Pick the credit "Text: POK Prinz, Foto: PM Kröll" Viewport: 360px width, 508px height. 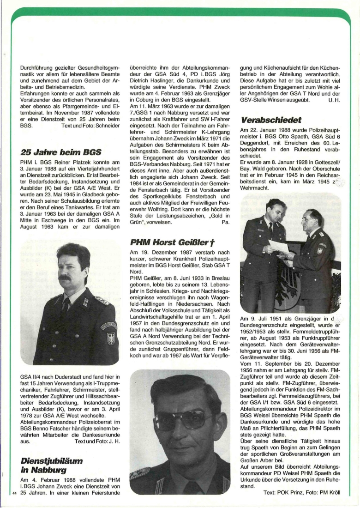coord(302,492)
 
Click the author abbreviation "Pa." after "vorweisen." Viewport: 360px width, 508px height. coord(226,222)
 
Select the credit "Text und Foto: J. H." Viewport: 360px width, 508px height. coord(97,441)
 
